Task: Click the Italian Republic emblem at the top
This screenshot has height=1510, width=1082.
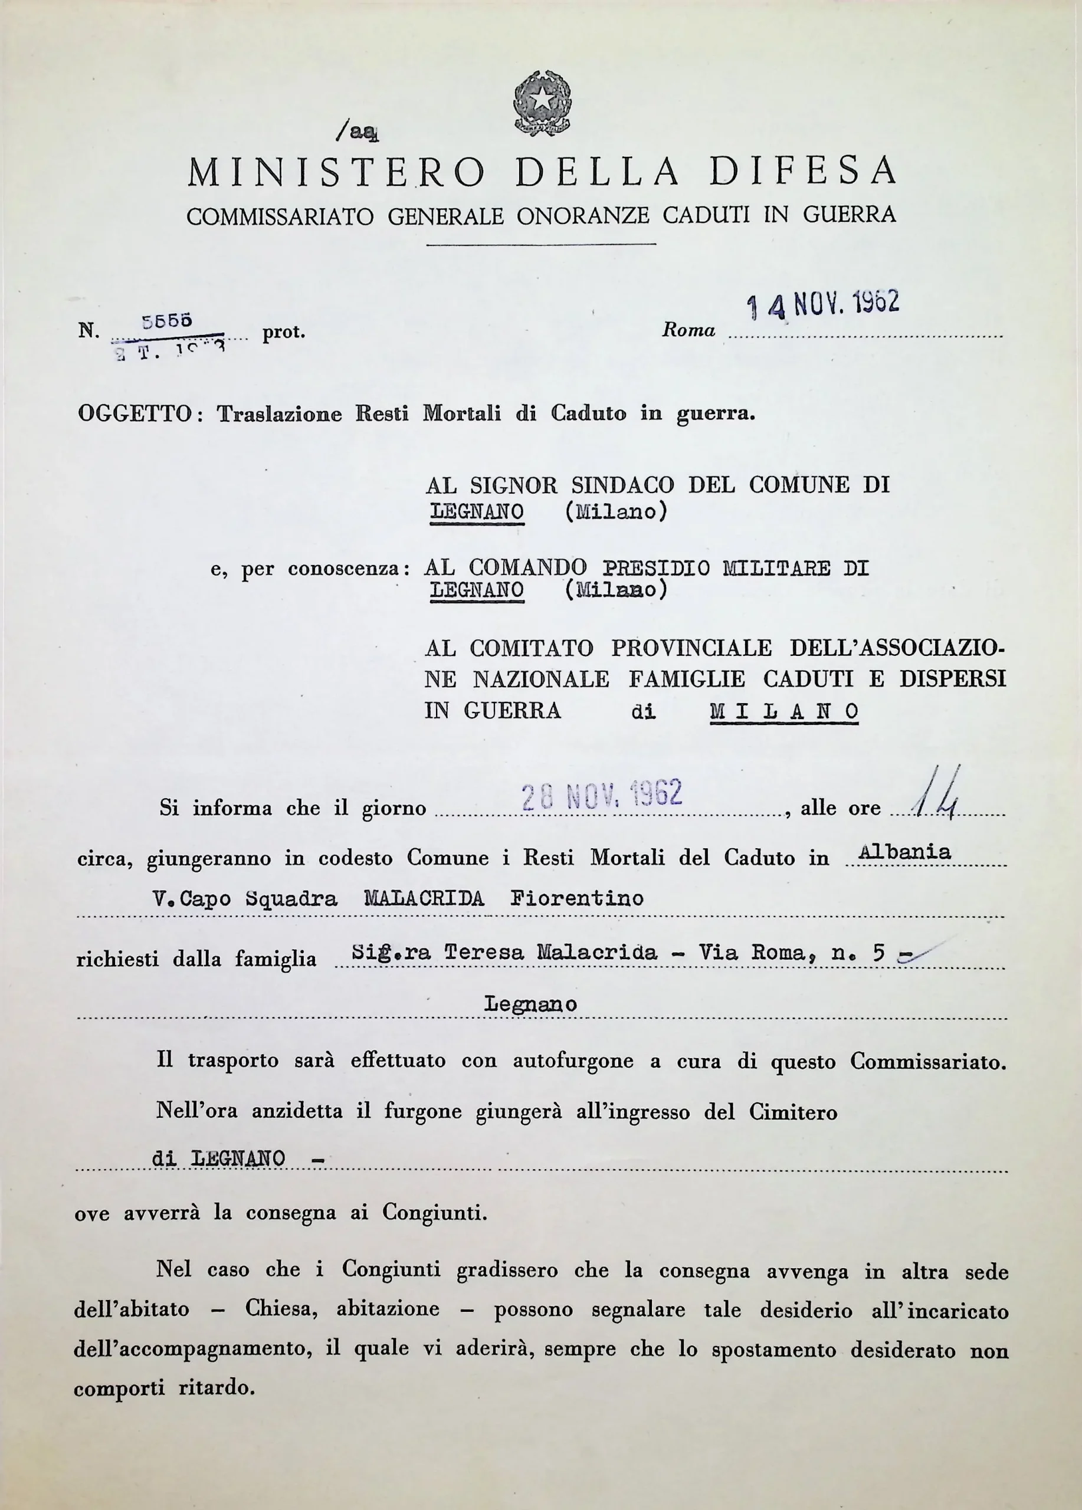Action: (542, 103)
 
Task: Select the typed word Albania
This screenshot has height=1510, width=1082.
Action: (905, 852)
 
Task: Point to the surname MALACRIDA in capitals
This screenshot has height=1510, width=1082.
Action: (424, 899)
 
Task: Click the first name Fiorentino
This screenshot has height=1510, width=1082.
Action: (576, 899)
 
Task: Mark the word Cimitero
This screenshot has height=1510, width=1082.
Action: (793, 1112)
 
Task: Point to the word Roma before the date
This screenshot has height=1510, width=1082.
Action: (688, 330)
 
